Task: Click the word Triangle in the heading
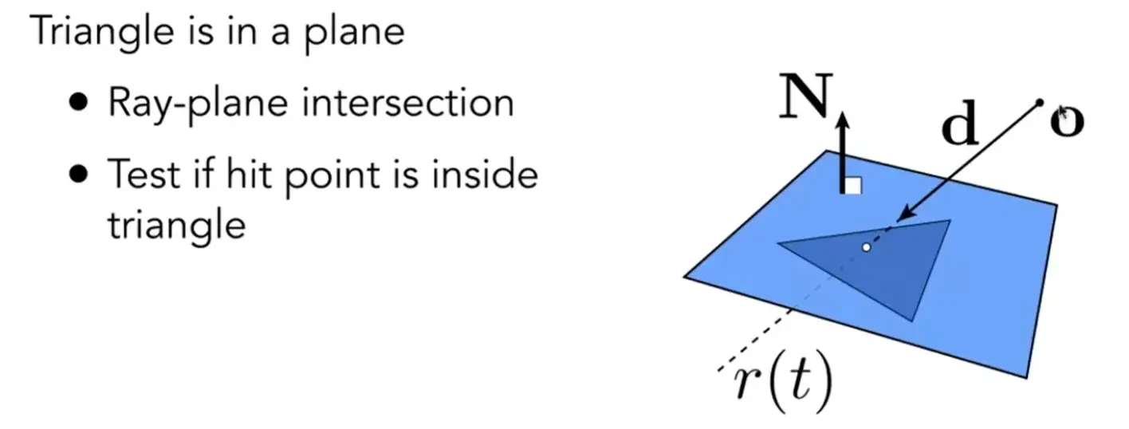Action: [102, 32]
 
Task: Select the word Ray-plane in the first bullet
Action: [198, 104]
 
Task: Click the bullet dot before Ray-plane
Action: [79, 102]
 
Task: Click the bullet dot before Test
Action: [79, 175]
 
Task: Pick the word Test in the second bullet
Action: [144, 174]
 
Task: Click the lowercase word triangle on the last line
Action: [177, 226]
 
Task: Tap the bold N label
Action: [805, 96]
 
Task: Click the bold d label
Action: [960, 123]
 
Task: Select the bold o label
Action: [1067, 121]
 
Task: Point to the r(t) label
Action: [783, 382]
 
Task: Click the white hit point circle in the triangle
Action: [867, 247]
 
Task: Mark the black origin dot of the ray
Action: [1039, 103]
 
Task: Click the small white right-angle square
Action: [853, 186]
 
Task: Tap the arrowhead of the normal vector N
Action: [844, 119]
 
